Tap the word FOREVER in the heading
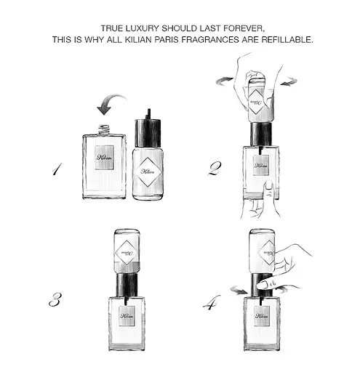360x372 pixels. point(244,28)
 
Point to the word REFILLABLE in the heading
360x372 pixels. point(287,39)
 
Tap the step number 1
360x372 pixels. point(57,169)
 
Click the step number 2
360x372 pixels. point(215,169)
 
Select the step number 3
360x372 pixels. point(55,299)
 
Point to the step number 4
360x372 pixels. point(212,303)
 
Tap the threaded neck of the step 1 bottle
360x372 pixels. point(104,129)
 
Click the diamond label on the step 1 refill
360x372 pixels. point(148,171)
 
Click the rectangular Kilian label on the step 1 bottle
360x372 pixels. point(104,158)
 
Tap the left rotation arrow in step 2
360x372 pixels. point(225,81)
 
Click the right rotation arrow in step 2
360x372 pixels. point(289,81)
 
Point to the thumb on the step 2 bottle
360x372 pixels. point(268,191)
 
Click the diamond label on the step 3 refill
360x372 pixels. point(127,253)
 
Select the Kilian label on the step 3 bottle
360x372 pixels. point(127,316)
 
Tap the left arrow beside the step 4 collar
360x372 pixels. point(239,290)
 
